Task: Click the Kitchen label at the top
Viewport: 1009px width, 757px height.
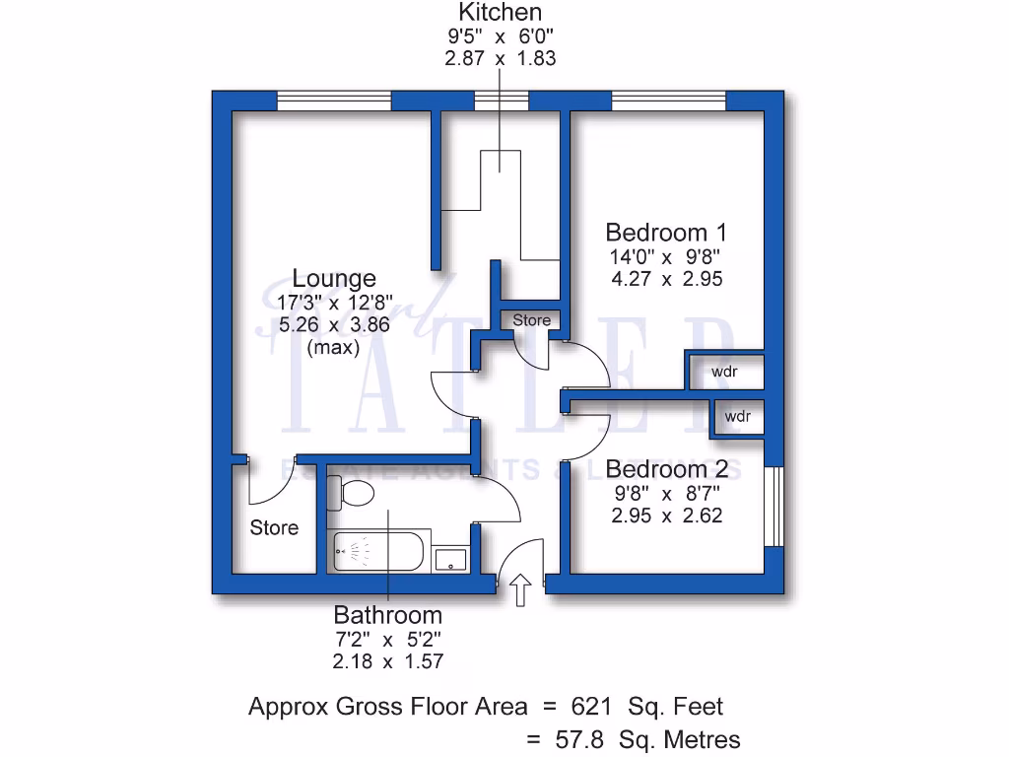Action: coord(500,13)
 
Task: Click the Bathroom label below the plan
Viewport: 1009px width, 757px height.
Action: coord(387,615)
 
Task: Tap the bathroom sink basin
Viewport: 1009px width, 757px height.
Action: coord(452,558)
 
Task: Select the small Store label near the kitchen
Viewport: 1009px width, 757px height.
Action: coord(531,320)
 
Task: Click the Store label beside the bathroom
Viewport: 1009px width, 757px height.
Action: coord(274,527)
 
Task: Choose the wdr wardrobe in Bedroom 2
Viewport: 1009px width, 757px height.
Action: coord(737,417)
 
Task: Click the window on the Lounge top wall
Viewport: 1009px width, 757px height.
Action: coord(334,100)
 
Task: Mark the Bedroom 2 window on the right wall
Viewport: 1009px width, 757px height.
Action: coord(775,503)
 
